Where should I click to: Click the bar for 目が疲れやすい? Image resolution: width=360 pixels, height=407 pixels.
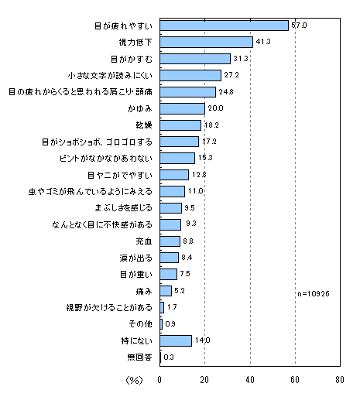[x=225, y=26]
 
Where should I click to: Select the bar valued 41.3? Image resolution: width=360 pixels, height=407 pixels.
[x=207, y=42]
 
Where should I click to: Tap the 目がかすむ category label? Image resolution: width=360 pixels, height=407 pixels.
[x=132, y=59]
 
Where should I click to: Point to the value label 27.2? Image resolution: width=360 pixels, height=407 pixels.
[x=231, y=75]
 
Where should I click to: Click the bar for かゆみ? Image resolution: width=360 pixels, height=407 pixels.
[x=183, y=109]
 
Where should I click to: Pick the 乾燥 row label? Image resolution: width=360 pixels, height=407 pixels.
[x=144, y=125]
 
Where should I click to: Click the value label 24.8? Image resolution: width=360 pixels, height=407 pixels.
[x=226, y=92]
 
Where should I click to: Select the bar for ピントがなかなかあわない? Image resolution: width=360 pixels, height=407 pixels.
[x=177, y=159]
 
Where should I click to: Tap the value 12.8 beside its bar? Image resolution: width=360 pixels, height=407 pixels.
[x=199, y=175]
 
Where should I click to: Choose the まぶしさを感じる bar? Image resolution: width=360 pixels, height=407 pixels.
[x=170, y=208]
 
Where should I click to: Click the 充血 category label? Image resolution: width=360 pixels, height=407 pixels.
[x=144, y=241]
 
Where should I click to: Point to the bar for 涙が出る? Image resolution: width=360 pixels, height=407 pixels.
[x=170, y=258]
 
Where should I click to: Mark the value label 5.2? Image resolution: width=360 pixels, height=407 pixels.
[x=180, y=291]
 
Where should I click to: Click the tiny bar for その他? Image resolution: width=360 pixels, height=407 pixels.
[x=161, y=324]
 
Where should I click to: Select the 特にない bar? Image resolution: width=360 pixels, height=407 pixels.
[x=176, y=340]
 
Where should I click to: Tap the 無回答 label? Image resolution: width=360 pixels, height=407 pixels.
[x=139, y=357]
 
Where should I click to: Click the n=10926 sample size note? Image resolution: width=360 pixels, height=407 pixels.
[x=314, y=294]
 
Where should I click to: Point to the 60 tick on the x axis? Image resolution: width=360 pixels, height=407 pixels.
[x=295, y=380]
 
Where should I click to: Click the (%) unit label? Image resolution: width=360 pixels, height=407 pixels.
[x=134, y=380]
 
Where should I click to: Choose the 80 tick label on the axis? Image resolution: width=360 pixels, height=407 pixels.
[x=340, y=380]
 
